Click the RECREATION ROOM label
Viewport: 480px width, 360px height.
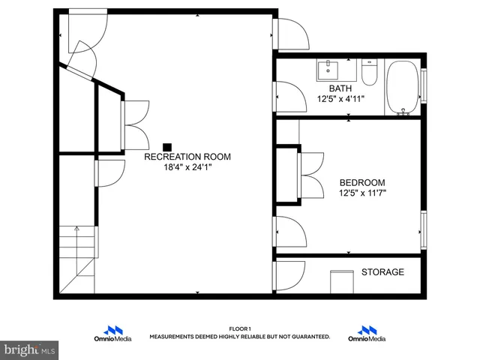pyautogui.click(x=187, y=157)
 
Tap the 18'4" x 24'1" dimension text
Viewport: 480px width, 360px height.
pyautogui.click(x=187, y=168)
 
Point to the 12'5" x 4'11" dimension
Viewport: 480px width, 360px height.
pyautogui.click(x=340, y=99)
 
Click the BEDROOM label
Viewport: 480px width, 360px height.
pyautogui.click(x=362, y=182)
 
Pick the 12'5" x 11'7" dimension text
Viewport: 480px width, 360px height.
pyautogui.click(x=362, y=193)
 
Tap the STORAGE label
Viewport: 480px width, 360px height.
pyautogui.click(x=382, y=272)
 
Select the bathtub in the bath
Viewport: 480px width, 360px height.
pyautogui.click(x=403, y=88)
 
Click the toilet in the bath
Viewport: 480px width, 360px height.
pyautogui.click(x=369, y=72)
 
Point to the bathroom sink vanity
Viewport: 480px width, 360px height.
pyautogui.click(x=328, y=70)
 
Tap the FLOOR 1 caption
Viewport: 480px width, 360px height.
pyautogui.click(x=240, y=328)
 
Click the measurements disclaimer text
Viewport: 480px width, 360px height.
pyautogui.click(x=240, y=337)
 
